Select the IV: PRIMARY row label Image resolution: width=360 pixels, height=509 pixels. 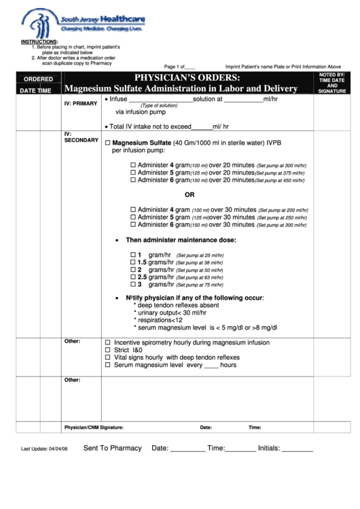coord(81,103)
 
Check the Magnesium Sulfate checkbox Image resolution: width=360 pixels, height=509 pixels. coord(107,143)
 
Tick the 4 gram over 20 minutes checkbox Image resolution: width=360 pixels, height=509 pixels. coord(133,165)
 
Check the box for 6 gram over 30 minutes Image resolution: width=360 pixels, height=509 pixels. coord(133,224)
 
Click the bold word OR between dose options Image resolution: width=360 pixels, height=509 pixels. coord(190,194)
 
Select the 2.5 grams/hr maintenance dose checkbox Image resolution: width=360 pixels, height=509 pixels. coord(133,277)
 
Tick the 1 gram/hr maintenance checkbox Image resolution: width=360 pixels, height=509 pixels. coord(133,254)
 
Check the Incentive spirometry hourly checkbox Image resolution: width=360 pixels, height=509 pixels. coord(107,343)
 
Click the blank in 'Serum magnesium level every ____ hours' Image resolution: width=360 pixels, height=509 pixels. coord(211,366)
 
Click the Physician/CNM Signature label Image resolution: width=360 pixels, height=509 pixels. coord(93,427)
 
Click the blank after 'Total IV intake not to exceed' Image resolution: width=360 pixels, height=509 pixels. coord(202,127)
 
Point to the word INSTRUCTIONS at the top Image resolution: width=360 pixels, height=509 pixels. coord(39,41)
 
